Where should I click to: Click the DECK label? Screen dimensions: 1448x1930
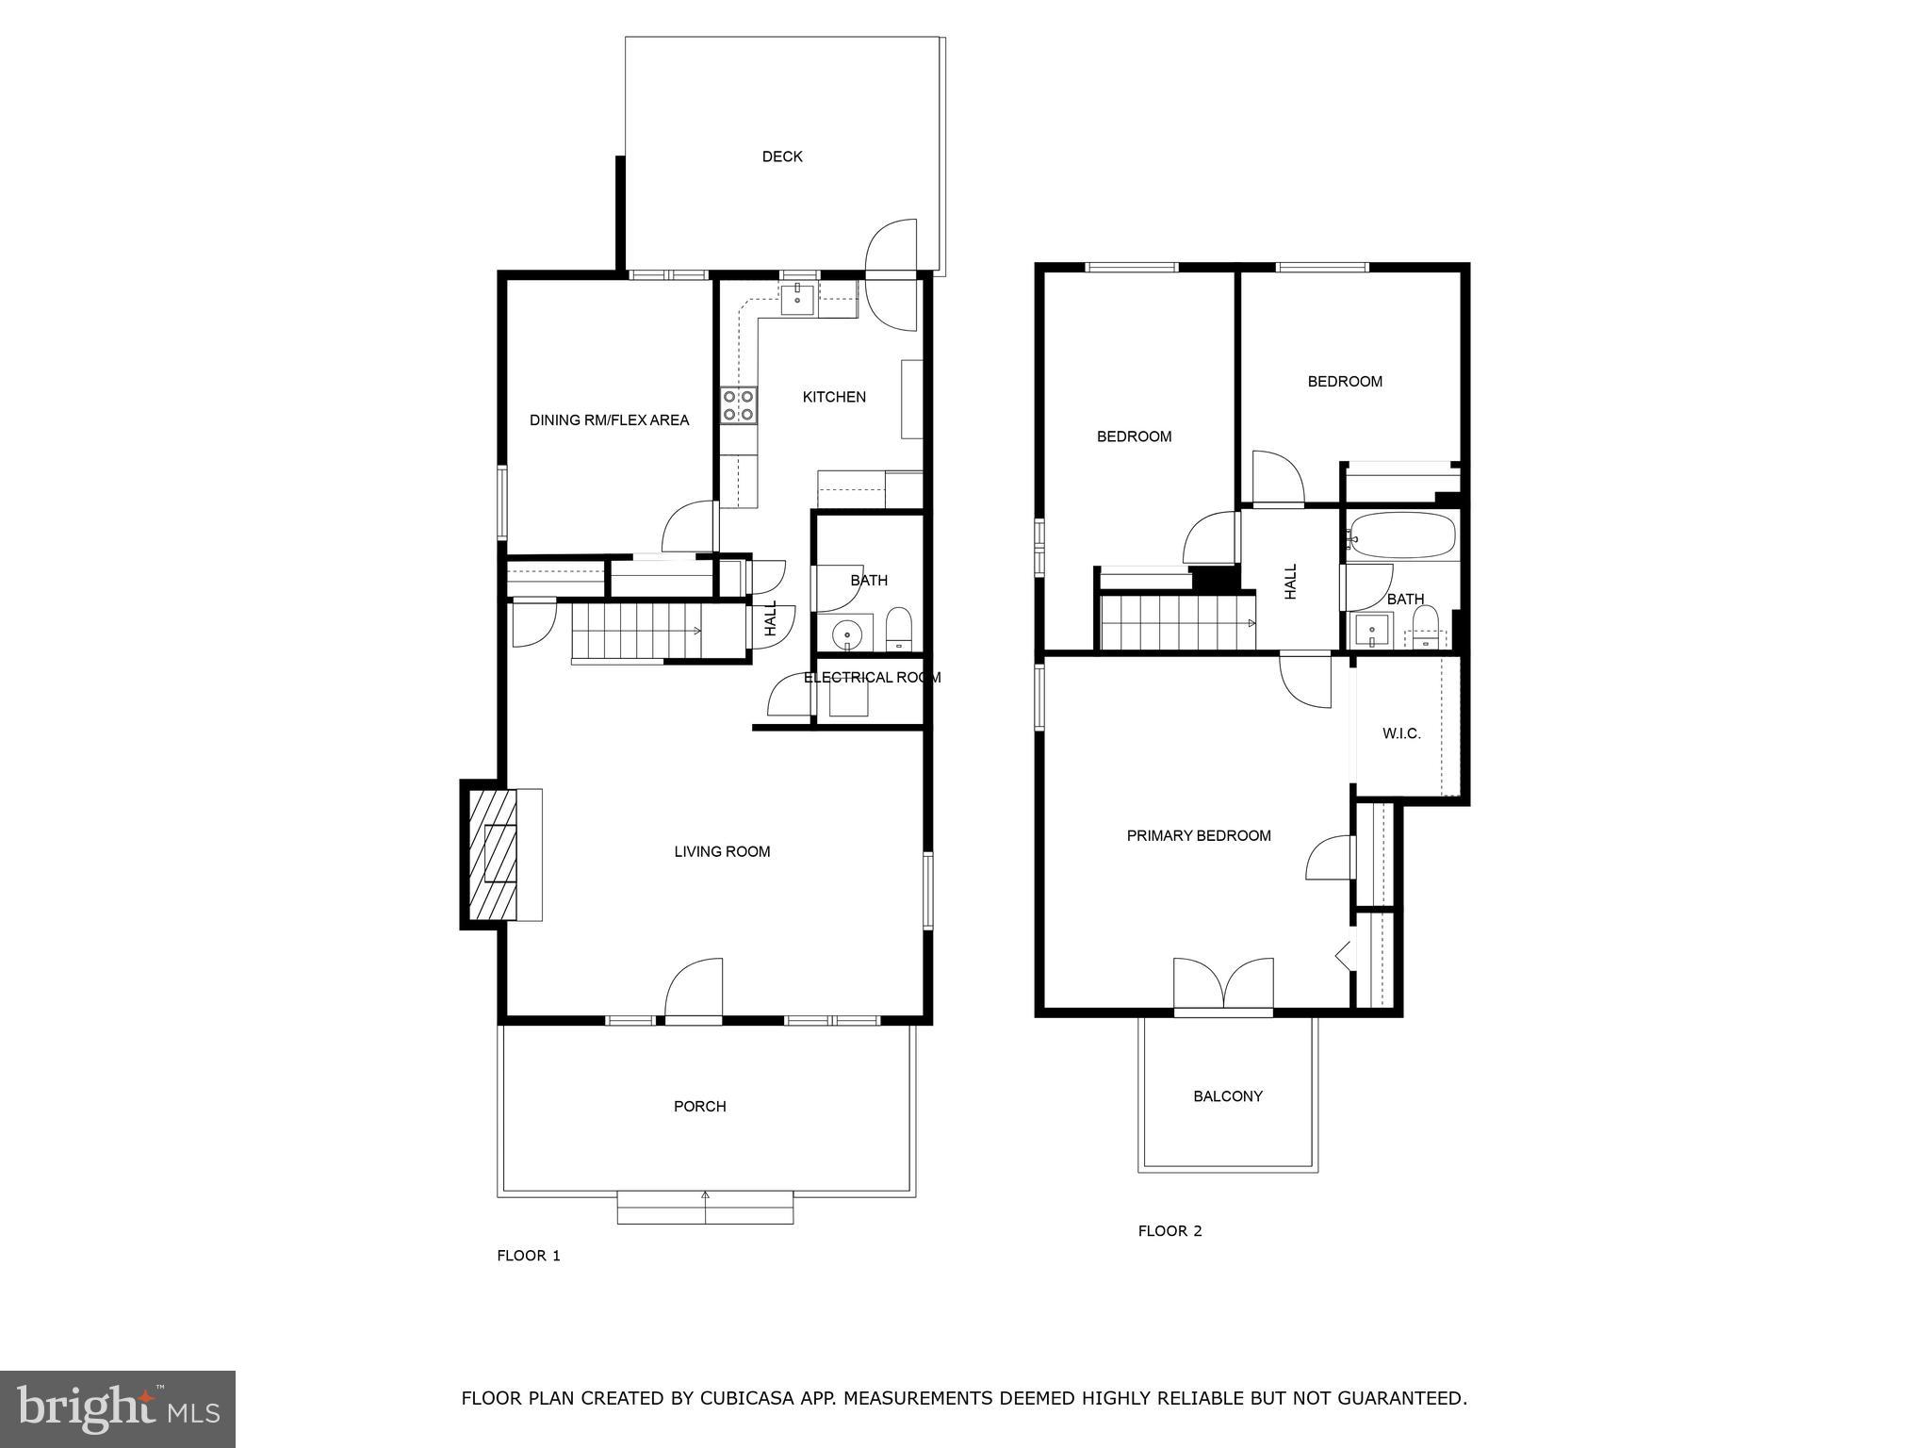click(x=782, y=156)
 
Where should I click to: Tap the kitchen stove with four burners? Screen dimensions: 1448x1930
click(x=738, y=405)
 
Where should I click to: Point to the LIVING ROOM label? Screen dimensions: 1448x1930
click(x=722, y=851)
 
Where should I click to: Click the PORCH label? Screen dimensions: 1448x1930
click(x=699, y=1106)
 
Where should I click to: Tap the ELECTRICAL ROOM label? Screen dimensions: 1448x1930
click(x=872, y=677)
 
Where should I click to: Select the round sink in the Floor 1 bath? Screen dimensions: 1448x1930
click(x=848, y=633)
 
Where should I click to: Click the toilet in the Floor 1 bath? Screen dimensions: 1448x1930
click(x=899, y=628)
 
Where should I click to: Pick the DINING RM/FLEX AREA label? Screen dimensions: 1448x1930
click(x=609, y=420)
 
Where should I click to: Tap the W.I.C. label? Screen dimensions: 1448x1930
click(x=1401, y=733)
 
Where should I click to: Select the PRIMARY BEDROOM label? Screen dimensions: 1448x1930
click(x=1199, y=835)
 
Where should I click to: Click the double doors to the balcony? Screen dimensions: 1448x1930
click(x=1223, y=986)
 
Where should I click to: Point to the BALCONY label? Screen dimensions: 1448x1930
click(x=1227, y=1095)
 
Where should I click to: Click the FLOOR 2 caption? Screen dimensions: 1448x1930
click(x=1169, y=1230)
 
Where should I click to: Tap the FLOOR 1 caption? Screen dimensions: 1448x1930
click(x=529, y=1255)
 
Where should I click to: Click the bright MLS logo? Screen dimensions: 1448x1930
click(x=117, y=1407)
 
